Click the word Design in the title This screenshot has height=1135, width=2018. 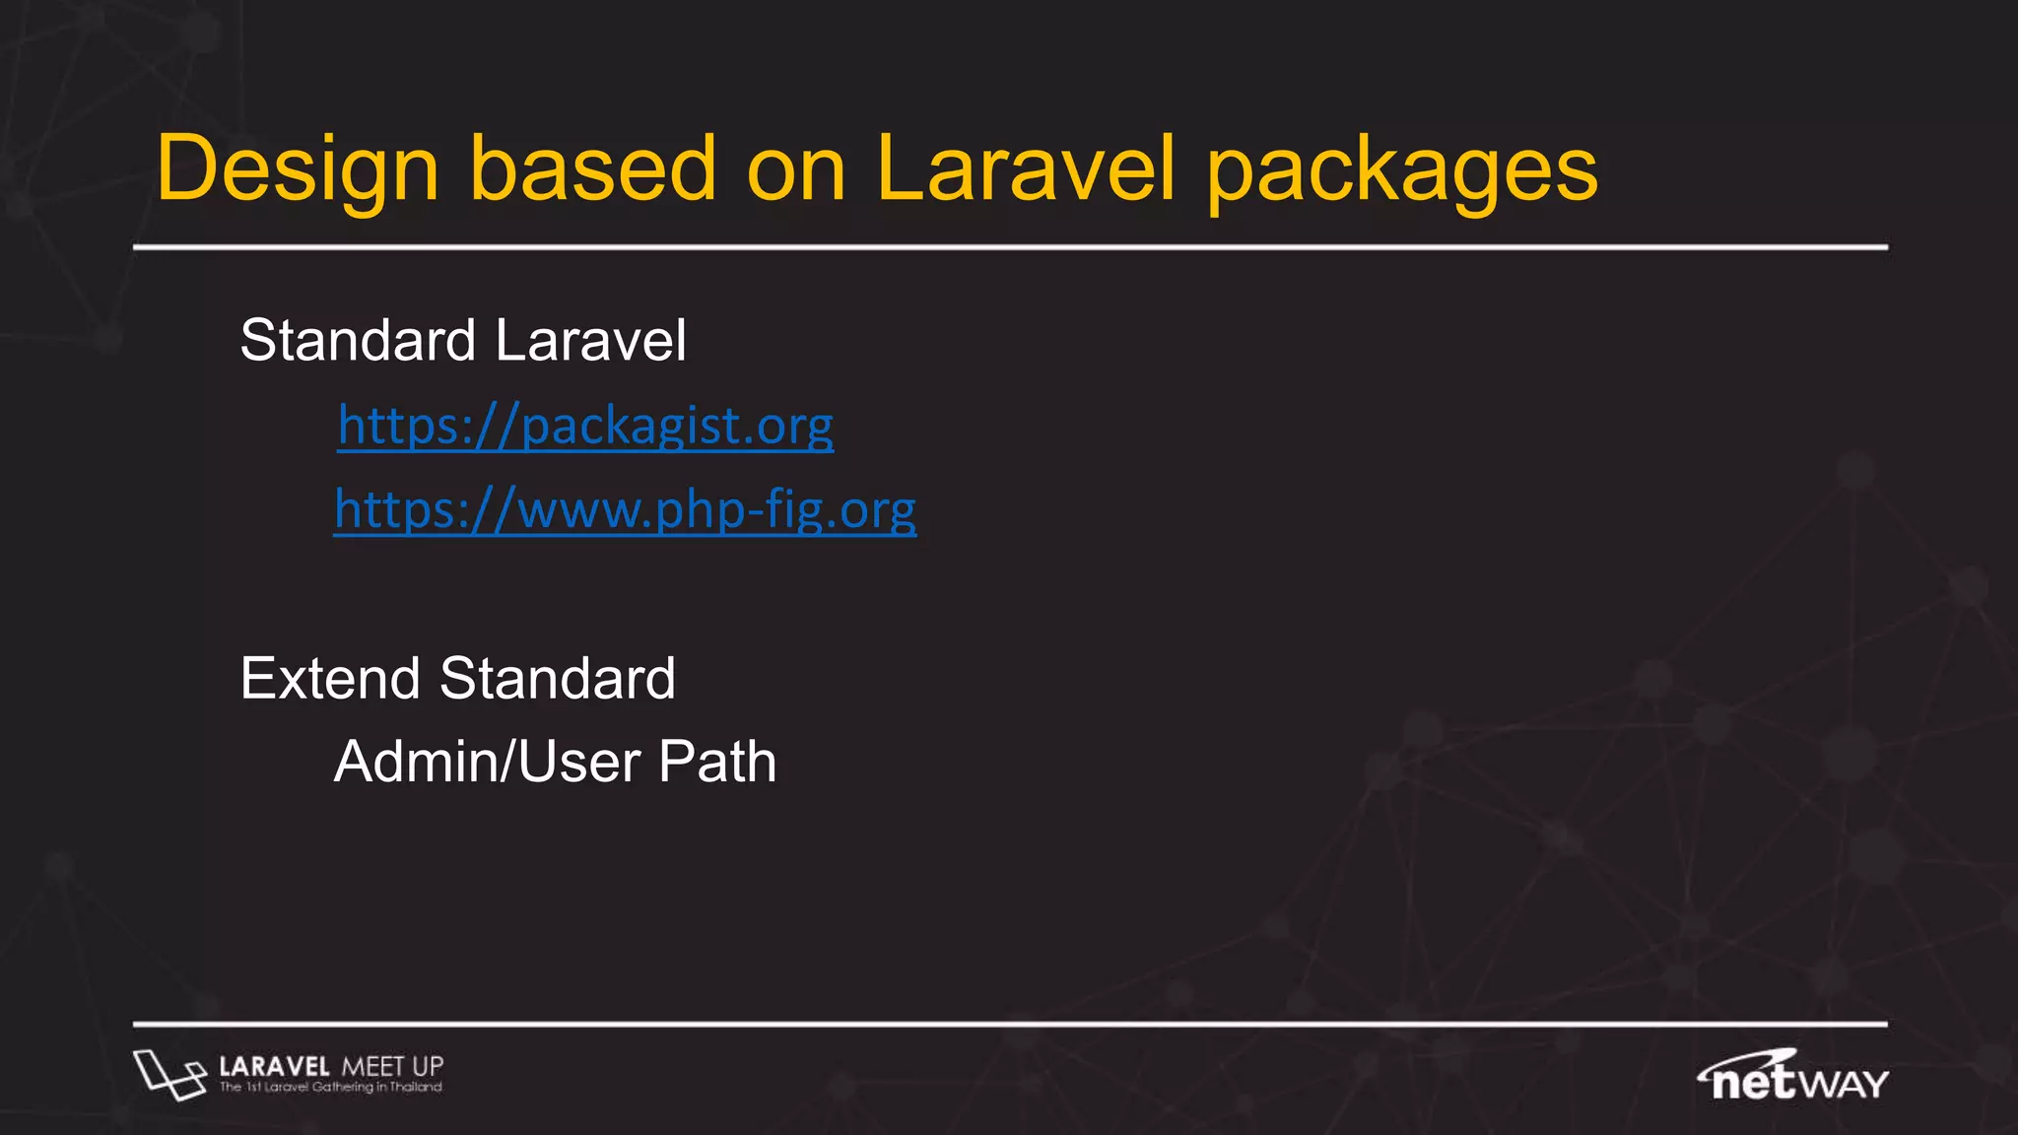[297, 170]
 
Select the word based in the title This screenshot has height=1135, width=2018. [592, 168]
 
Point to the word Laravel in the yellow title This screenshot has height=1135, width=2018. [1025, 168]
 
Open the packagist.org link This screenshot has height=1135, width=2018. [585, 427]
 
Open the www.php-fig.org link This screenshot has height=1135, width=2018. [625, 510]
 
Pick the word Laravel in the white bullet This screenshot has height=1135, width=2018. [590, 341]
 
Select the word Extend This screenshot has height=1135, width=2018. [330, 679]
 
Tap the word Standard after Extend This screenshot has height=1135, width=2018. [557, 679]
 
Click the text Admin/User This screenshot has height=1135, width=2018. [488, 763]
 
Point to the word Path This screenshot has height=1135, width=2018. [717, 763]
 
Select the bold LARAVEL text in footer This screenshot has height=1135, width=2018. [274, 1066]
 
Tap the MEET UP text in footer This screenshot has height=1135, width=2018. [392, 1066]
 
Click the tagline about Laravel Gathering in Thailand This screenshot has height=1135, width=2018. [330, 1088]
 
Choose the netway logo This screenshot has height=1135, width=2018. [1792, 1076]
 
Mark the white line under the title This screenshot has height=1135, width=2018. [1009, 247]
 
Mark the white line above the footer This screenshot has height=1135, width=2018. [1009, 1025]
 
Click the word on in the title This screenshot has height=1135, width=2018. [796, 170]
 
